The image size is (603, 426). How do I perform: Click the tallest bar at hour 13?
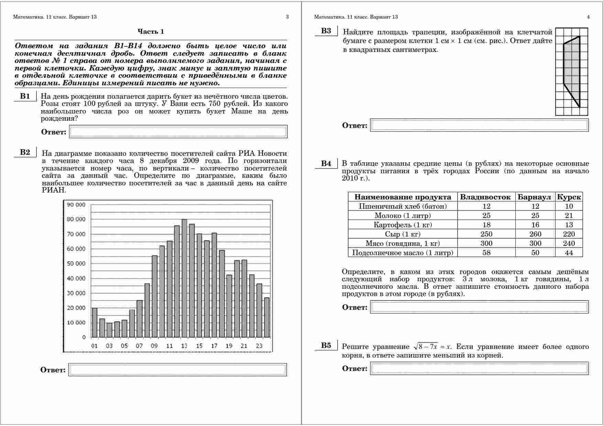[x=184, y=278]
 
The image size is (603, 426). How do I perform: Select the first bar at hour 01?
[x=95, y=323]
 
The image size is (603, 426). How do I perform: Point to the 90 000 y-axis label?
[x=76, y=205]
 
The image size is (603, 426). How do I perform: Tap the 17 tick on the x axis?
[x=214, y=346]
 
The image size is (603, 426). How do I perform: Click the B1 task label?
[x=25, y=96]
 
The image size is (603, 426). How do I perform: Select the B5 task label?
[x=326, y=346]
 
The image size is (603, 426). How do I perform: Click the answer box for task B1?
[x=178, y=132]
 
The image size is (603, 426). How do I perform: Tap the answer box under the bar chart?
[x=177, y=370]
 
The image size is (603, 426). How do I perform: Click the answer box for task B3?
[x=479, y=125]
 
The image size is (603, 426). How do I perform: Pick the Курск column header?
[x=569, y=197]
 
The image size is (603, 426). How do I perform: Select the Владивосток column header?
[x=485, y=197]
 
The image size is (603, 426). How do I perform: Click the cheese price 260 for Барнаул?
[x=535, y=234]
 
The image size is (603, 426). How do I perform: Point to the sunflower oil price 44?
[x=569, y=253]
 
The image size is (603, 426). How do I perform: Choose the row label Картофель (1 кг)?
[x=403, y=225]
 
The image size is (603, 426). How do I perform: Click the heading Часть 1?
[x=151, y=32]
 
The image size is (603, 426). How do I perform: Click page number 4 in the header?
[x=588, y=17]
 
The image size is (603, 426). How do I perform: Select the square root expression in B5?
[x=426, y=347]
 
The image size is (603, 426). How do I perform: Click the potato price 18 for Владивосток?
[x=486, y=225]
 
